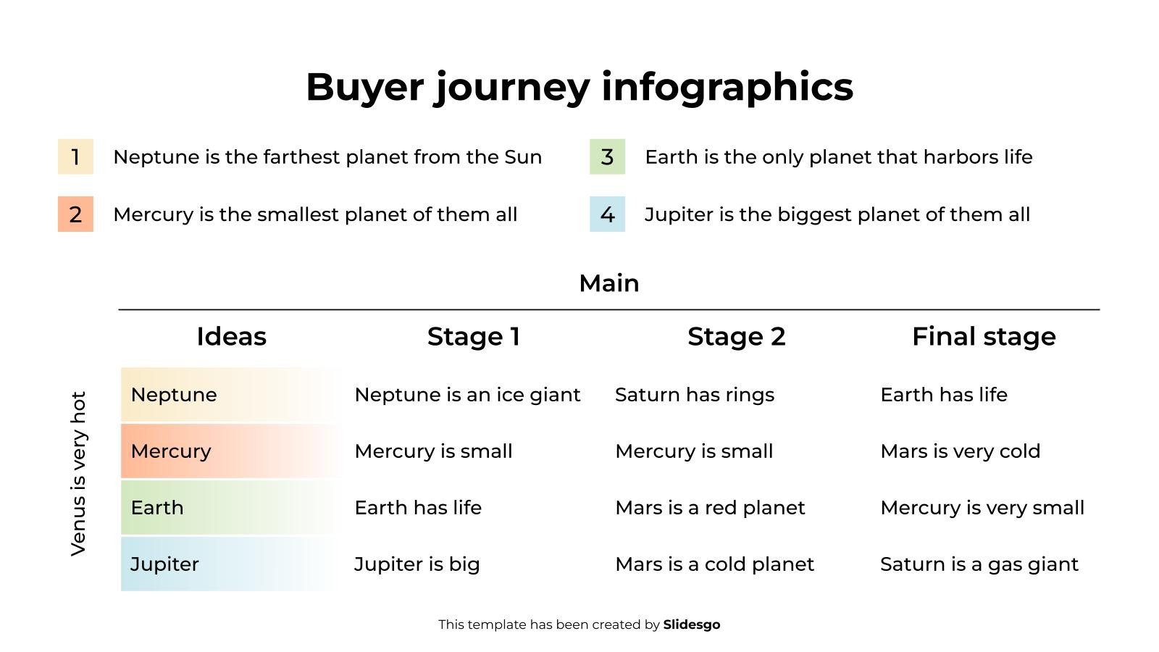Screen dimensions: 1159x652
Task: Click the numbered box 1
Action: (x=75, y=156)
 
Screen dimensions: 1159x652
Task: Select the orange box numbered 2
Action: (x=75, y=214)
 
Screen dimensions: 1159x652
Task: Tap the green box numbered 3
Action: (x=608, y=156)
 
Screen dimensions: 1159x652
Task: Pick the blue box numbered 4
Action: (x=608, y=214)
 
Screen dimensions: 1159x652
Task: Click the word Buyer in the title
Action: (x=365, y=87)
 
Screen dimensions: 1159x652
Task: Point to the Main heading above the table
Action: (x=609, y=283)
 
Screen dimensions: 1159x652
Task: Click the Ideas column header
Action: (x=231, y=336)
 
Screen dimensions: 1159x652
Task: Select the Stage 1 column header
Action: (x=474, y=336)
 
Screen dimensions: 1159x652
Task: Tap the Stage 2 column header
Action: (x=736, y=336)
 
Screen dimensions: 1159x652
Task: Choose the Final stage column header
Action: (x=984, y=336)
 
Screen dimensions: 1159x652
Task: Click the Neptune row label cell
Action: (x=231, y=395)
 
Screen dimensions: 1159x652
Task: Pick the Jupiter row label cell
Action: (x=231, y=564)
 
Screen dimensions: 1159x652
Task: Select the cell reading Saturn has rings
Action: (x=695, y=395)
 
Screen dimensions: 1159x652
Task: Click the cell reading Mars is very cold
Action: (x=961, y=451)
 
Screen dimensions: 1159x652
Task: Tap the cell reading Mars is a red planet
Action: (x=710, y=508)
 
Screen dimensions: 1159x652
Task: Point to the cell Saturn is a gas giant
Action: (x=979, y=564)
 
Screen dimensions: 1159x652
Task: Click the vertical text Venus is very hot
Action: (x=78, y=474)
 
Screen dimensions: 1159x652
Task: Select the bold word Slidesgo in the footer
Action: (x=692, y=624)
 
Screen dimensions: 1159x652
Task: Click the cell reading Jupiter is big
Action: (x=417, y=564)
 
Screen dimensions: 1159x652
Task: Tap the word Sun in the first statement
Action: (x=523, y=156)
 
